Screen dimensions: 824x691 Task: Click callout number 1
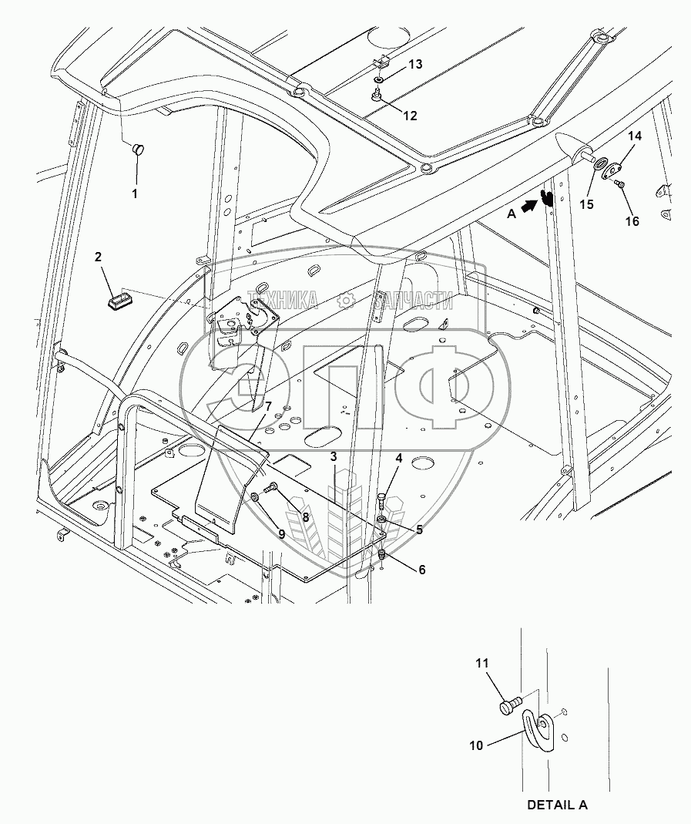[134, 193]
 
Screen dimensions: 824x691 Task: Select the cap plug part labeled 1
[139, 149]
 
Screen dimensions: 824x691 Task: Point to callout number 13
[415, 65]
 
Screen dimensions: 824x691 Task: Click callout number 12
[410, 116]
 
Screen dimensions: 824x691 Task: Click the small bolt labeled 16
[622, 183]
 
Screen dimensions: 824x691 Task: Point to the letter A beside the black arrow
[511, 216]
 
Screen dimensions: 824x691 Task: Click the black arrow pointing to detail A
[529, 206]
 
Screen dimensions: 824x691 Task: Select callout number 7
[268, 405]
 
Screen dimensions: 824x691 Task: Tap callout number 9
[281, 533]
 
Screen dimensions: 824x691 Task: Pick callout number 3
[333, 457]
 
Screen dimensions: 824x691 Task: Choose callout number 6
[421, 570]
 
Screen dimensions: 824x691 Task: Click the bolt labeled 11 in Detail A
[509, 705]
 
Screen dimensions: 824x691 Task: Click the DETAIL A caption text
[556, 805]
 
